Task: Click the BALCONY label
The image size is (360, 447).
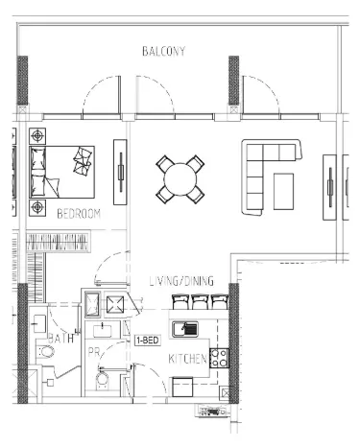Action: coord(163,51)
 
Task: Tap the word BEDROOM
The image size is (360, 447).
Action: coord(78,213)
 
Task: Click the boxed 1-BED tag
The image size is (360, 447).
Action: coord(147,340)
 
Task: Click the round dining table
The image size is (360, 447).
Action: coord(180,178)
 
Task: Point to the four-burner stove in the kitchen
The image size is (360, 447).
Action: coord(218,358)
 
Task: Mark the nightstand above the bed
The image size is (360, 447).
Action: coord(38,134)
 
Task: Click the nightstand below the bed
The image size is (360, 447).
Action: coord(38,205)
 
